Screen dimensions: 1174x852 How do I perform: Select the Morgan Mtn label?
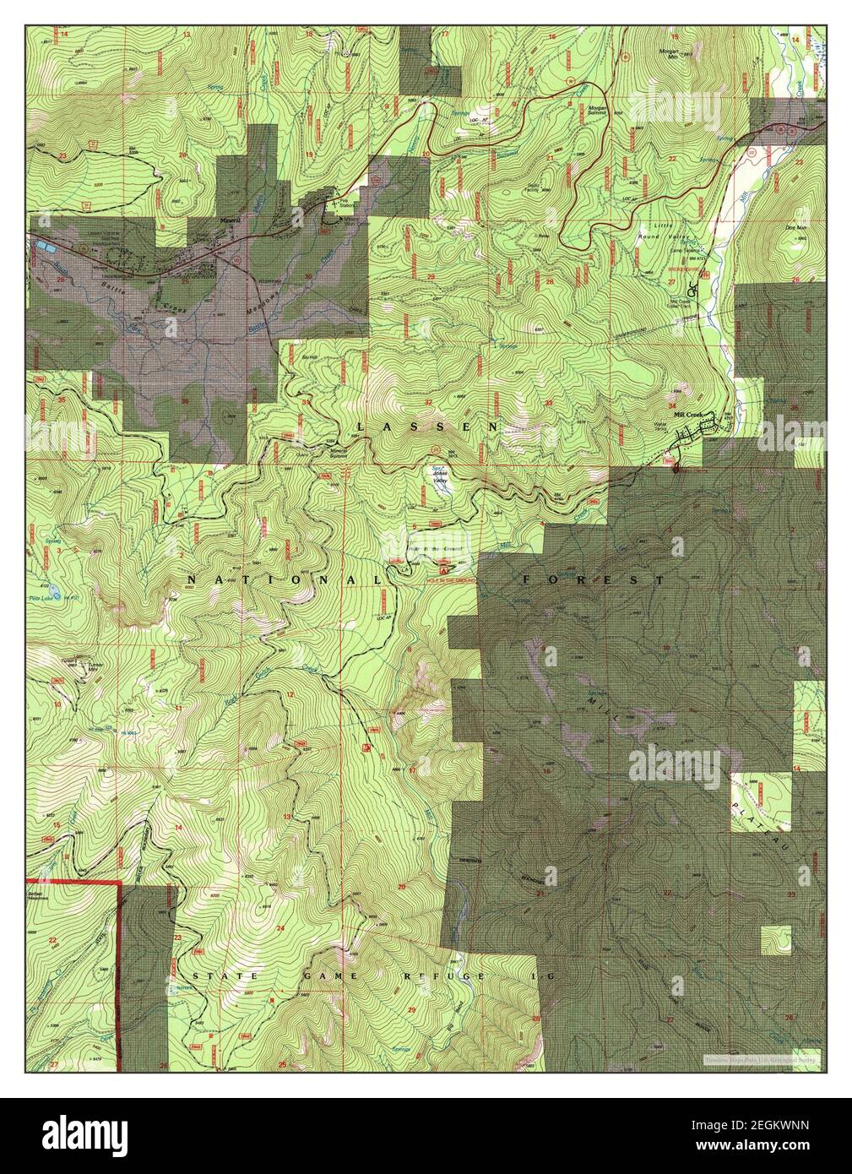pyautogui.click(x=678, y=50)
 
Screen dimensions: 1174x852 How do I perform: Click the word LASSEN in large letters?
pyautogui.click(x=427, y=427)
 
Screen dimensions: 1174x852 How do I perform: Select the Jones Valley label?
pyautogui.click(x=440, y=471)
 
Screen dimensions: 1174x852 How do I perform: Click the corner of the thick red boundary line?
pyautogui.click(x=119, y=883)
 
